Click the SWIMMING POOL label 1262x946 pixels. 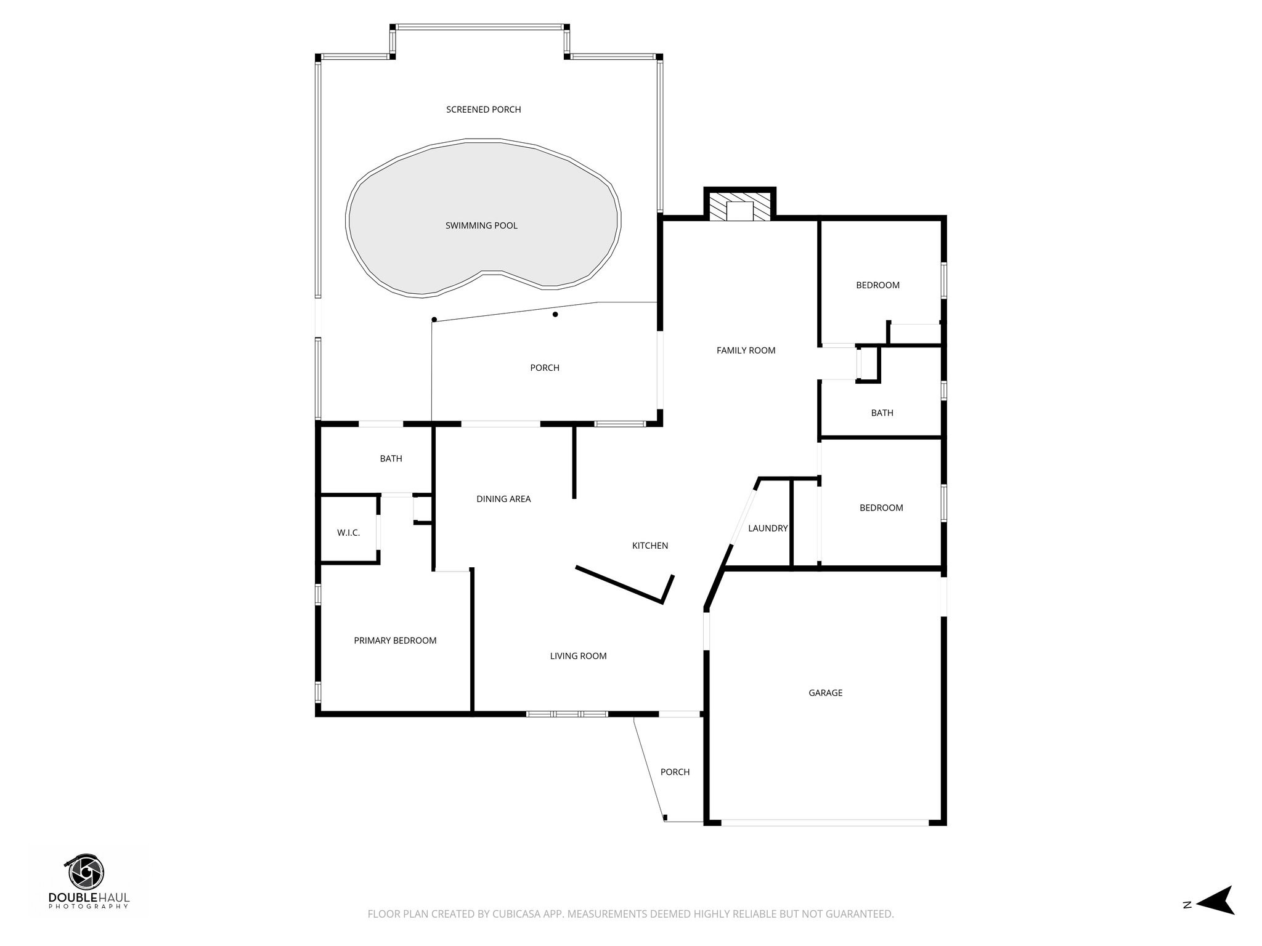pyautogui.click(x=481, y=226)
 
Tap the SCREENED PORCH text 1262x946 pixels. pyautogui.click(x=484, y=110)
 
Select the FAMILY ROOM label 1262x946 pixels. pyautogui.click(x=746, y=350)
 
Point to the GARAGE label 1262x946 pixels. pyautogui.click(x=825, y=693)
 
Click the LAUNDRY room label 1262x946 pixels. pyautogui.click(x=768, y=528)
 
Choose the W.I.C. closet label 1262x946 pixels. pyautogui.click(x=348, y=533)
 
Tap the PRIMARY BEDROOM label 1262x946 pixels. pyautogui.click(x=395, y=641)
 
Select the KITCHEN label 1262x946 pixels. pyautogui.click(x=650, y=546)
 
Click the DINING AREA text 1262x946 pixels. pyautogui.click(x=503, y=499)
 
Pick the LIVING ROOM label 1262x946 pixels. pyautogui.click(x=578, y=656)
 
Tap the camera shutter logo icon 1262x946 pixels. pyautogui.click(x=86, y=873)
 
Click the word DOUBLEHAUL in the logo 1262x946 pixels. pyautogui.click(x=89, y=897)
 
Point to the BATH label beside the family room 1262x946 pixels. pyautogui.click(x=882, y=413)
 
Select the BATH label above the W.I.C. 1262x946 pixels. pyautogui.click(x=391, y=459)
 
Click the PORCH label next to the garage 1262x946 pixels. pyautogui.click(x=675, y=772)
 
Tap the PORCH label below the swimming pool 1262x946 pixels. pyautogui.click(x=545, y=368)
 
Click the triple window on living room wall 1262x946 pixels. pyautogui.click(x=567, y=714)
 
